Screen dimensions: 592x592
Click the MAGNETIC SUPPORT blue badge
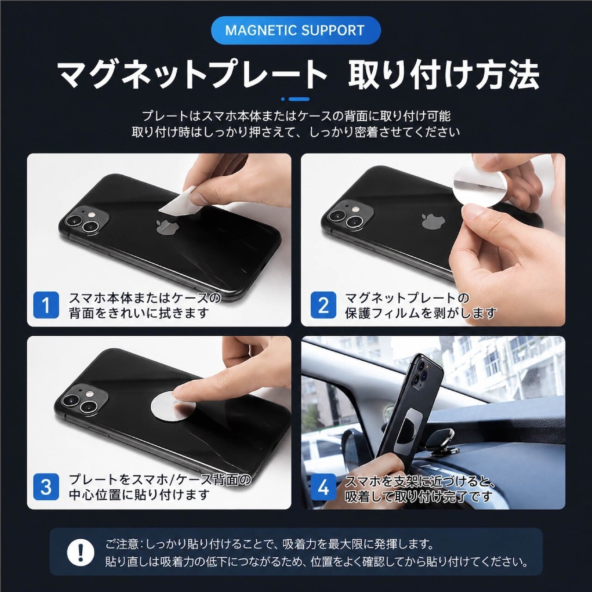296,30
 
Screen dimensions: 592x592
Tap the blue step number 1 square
46,305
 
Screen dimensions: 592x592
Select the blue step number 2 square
323,305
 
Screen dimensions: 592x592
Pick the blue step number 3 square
46,487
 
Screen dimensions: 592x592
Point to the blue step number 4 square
323,487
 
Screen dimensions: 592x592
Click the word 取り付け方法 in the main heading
444,75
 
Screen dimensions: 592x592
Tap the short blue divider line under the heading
296,99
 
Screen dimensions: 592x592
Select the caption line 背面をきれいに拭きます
139,313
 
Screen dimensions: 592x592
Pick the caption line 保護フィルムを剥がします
420,313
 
